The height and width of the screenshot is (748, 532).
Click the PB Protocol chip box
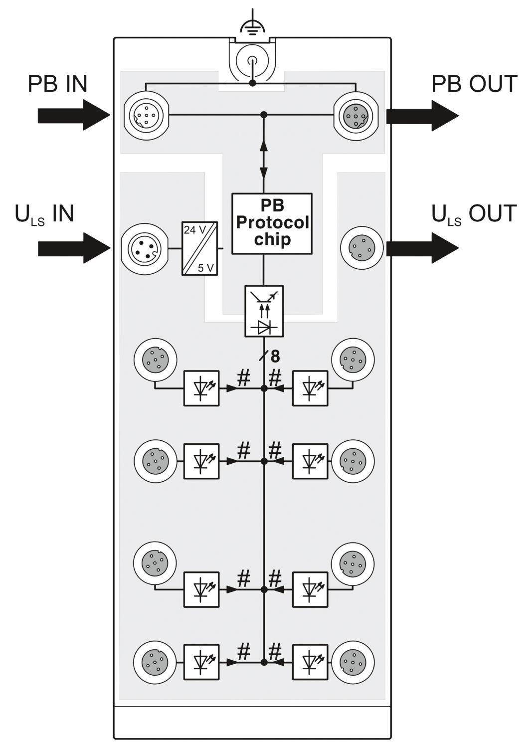(272, 223)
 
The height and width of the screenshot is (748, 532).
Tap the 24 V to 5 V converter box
(199, 248)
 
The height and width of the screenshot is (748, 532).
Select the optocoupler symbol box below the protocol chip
(264, 311)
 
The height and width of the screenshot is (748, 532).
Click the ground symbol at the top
(253, 28)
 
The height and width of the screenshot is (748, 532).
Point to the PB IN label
(57, 84)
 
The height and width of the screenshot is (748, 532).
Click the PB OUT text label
(475, 84)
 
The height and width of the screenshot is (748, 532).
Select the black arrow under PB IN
(74, 115)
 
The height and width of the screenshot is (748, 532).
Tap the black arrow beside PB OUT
(422, 116)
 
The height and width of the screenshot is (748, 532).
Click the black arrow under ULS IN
(74, 248)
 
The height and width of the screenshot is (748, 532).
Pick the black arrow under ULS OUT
(422, 248)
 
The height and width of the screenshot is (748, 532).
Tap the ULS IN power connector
(145, 248)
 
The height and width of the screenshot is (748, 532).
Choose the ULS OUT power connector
(362, 248)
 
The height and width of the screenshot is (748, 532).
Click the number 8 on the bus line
(275, 357)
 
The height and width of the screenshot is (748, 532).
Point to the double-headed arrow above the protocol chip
(264, 159)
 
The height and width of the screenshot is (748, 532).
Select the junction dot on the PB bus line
(264, 115)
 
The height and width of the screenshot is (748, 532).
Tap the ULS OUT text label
(475, 214)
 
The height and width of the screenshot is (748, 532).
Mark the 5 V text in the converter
(205, 268)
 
